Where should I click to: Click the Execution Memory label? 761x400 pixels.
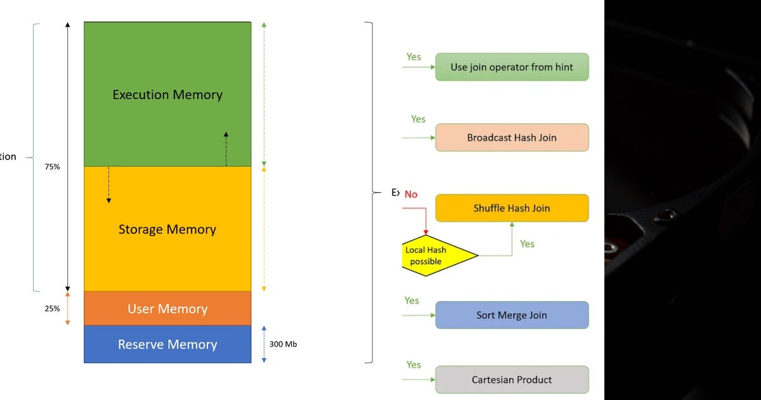point(167,95)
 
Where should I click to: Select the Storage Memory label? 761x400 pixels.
point(167,229)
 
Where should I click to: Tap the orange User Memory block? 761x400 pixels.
point(167,309)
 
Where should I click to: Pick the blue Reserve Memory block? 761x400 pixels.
point(167,344)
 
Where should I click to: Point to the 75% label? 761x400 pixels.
point(52,167)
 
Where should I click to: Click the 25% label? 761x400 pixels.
point(52,309)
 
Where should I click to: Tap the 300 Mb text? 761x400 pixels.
point(283,344)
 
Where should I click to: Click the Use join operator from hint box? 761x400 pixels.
point(512,67)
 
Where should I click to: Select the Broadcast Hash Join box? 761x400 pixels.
point(512,137)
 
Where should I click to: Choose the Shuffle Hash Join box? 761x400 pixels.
point(512,208)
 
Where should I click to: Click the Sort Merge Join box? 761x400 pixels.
point(512,315)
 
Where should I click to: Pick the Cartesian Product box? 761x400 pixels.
point(512,380)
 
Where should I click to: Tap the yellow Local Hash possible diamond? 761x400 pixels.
point(438,256)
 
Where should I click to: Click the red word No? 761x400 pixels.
point(411,194)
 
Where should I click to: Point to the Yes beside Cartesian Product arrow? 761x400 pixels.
point(413,365)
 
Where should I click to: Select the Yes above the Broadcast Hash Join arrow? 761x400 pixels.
point(418,119)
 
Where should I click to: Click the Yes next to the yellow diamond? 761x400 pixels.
point(527,244)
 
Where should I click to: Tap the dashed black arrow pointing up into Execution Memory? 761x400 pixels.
point(226,149)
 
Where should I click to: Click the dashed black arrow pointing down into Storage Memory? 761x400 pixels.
point(108,185)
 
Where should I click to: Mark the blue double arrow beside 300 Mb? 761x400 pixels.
point(264,344)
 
